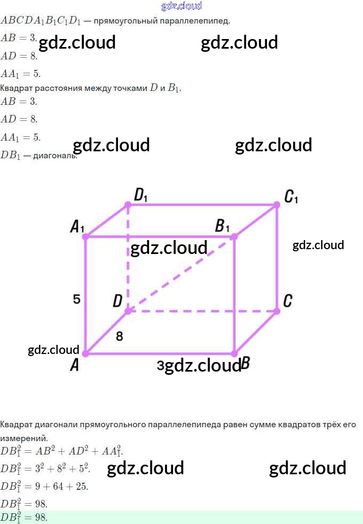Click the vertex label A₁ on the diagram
77,227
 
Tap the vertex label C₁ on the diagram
291,197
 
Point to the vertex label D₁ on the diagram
140,196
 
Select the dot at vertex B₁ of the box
235,236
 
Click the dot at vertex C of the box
277,311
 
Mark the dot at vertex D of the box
128,311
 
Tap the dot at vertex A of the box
85,353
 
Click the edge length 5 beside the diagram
77,299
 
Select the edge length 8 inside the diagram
119,336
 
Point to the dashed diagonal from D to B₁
181,273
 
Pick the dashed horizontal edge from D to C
203,311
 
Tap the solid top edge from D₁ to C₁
203,204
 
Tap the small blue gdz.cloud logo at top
181,6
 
